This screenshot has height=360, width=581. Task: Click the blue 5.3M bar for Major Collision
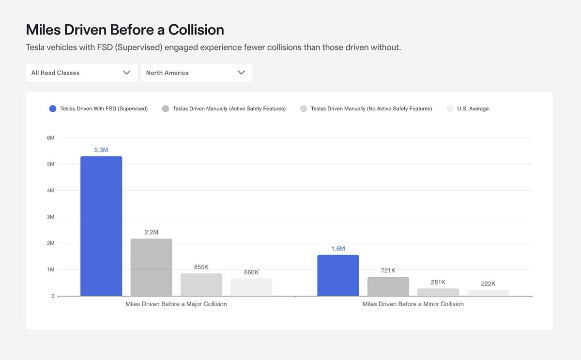tap(101, 226)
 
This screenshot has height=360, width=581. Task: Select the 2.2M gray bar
tap(151, 267)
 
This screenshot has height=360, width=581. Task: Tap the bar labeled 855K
tap(201, 285)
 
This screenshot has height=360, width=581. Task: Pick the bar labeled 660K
tap(251, 287)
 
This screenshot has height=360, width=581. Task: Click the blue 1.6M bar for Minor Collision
tap(338, 275)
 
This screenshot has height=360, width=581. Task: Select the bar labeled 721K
tap(388, 286)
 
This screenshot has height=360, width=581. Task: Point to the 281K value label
tap(438, 282)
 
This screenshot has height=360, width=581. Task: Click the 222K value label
tap(488, 284)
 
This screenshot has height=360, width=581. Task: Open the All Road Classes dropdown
tap(81, 73)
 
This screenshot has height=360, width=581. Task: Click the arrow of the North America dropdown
tap(242, 73)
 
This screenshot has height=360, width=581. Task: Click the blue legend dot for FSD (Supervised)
tap(53, 109)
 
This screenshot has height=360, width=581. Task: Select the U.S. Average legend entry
tap(473, 109)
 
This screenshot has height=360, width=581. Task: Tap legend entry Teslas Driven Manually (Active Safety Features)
tap(229, 109)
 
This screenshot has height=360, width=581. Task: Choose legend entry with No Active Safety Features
tap(371, 109)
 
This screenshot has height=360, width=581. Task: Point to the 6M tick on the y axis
tap(50, 138)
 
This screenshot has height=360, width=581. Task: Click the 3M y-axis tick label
tap(50, 217)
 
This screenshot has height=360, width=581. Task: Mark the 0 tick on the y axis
tap(52, 296)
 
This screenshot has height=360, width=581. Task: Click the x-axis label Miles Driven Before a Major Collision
tap(176, 304)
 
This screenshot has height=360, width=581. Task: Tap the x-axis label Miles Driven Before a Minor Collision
tap(413, 304)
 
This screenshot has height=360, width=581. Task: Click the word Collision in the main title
tap(196, 30)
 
